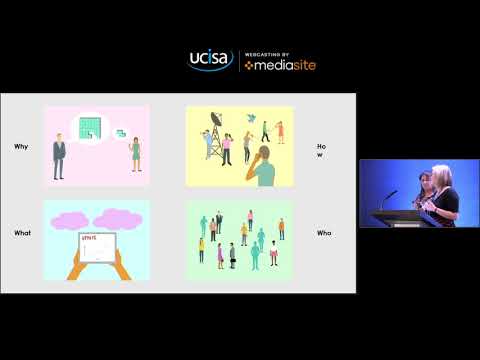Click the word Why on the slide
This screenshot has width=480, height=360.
pyautogui.click(x=20, y=146)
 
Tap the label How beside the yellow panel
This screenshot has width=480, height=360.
pyautogui.click(x=321, y=151)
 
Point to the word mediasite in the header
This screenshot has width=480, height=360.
pyautogui.click(x=279, y=65)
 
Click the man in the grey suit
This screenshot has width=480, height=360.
pyautogui.click(x=59, y=156)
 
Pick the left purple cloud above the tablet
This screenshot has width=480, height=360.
pyautogui.click(x=69, y=218)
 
